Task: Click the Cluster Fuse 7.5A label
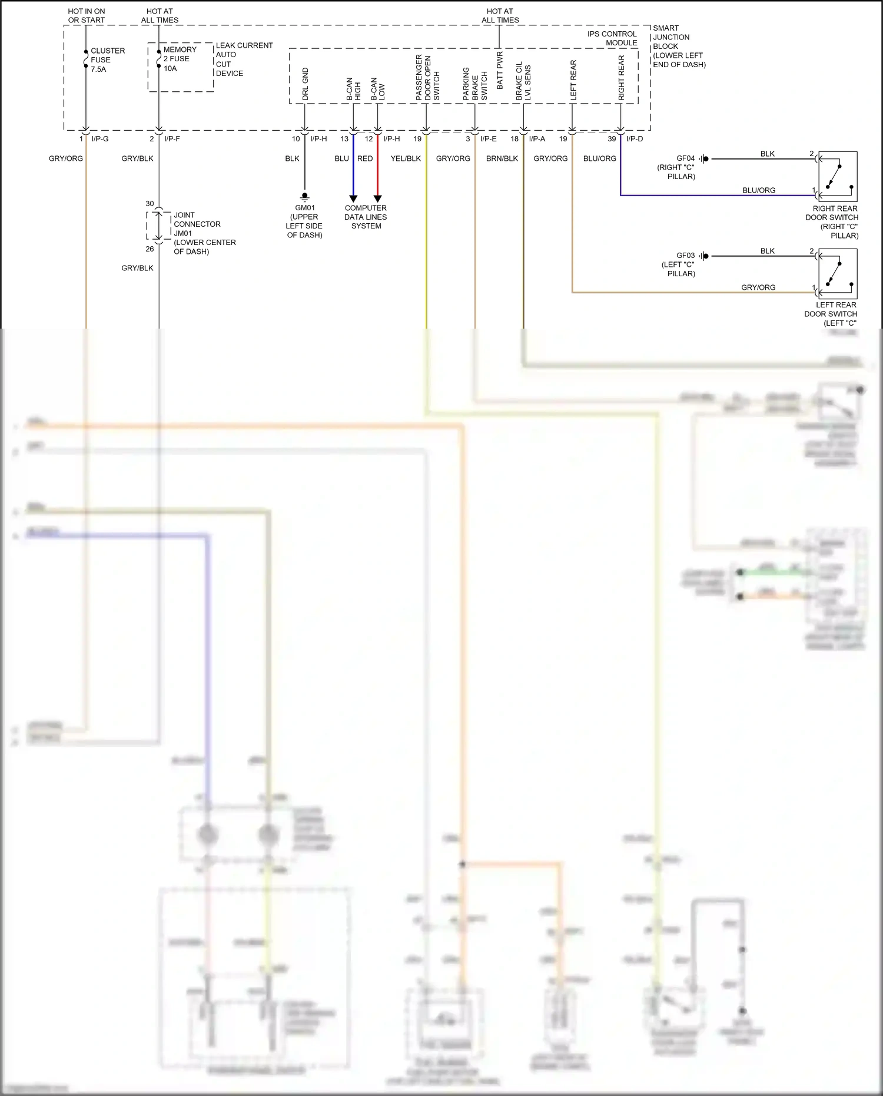click(107, 60)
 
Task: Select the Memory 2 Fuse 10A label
click(179, 59)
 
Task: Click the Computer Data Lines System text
click(366, 217)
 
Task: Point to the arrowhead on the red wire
click(378, 198)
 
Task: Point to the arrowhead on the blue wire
click(353, 198)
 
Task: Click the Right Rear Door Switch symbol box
click(838, 177)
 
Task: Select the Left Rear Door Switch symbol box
click(838, 273)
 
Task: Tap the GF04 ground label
click(685, 158)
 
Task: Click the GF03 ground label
click(685, 256)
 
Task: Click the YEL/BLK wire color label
click(406, 158)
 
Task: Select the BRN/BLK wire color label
click(502, 158)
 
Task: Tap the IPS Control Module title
click(612, 38)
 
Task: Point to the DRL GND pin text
click(306, 84)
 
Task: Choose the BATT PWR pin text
click(500, 71)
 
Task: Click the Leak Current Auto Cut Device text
click(244, 59)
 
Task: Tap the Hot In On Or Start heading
click(87, 15)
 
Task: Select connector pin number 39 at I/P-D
click(612, 139)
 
